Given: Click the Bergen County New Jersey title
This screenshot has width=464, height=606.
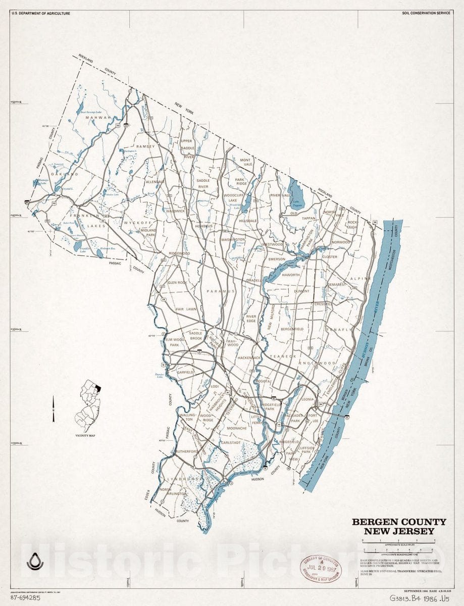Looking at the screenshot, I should click(399, 526).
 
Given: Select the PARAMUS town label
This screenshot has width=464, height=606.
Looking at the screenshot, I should click(221, 291).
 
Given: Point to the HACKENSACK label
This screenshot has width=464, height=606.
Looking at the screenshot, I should click(249, 358).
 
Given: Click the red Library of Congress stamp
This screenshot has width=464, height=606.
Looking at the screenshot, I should click(321, 567).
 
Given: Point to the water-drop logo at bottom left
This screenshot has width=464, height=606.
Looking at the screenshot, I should click(35, 562).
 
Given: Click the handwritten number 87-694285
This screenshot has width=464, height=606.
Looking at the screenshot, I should click(25, 597).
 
